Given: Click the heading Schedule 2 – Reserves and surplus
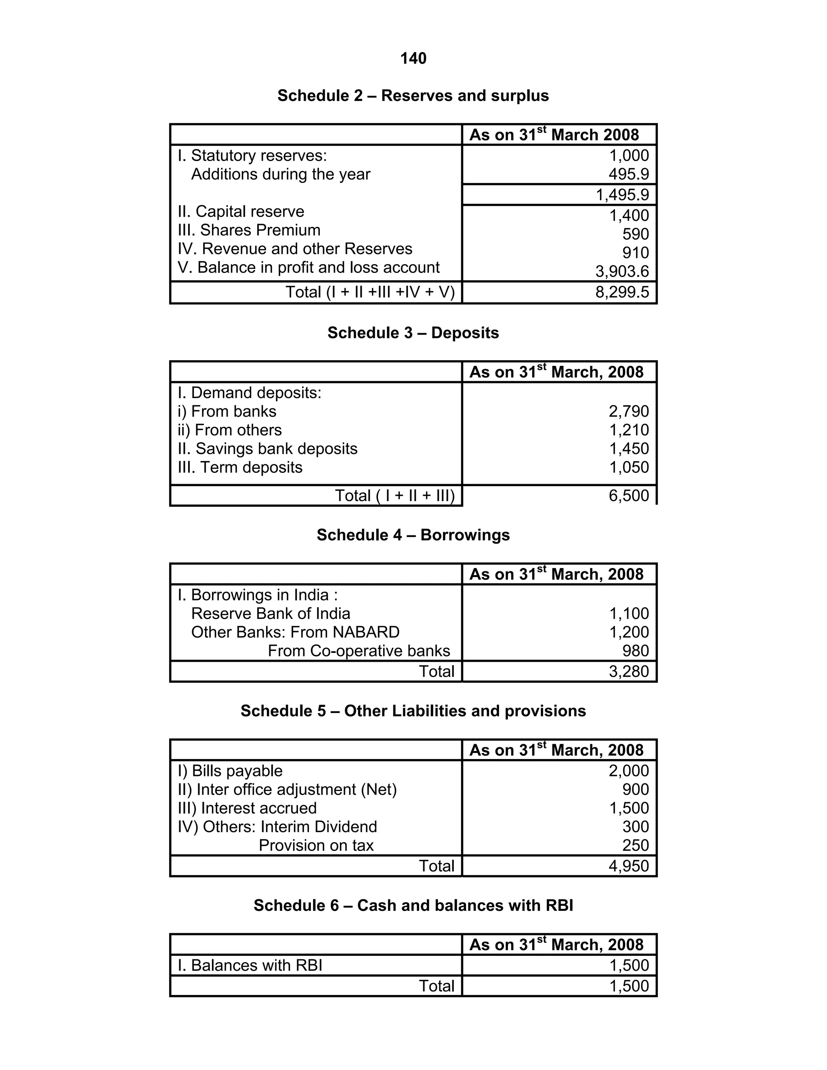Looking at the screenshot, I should (413, 96).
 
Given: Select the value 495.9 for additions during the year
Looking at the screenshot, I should (629, 174).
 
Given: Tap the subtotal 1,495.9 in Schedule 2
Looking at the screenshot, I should (622, 195).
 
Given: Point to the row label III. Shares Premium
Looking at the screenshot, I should (249, 230).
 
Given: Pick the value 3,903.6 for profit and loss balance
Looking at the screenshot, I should (622, 271).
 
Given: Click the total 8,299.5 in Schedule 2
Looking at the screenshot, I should (622, 292).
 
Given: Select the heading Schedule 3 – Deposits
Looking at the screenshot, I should (413, 333).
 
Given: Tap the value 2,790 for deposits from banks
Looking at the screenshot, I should (629, 411).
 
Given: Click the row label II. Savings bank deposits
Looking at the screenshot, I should (267, 448).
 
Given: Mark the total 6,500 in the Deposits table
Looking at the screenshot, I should (629, 495).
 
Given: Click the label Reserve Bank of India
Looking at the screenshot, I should (271, 613).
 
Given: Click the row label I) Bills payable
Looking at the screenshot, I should (230, 771).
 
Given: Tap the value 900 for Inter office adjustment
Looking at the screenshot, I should (636, 789).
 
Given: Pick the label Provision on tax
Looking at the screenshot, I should (316, 845).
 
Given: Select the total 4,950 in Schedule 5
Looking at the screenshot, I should (629, 866).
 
